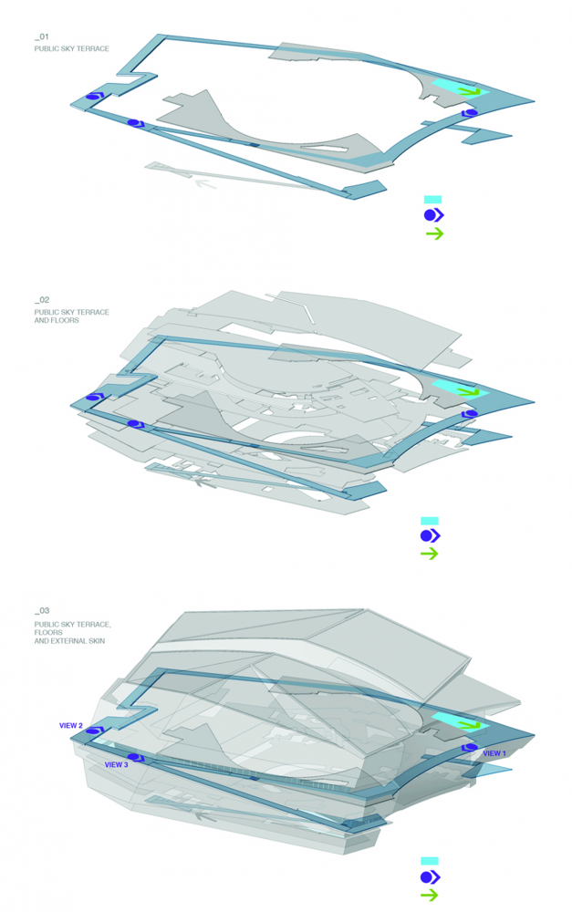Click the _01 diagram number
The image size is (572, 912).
coord(41,37)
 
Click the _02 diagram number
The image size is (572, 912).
coord(42,300)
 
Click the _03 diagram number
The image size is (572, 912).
coord(42,611)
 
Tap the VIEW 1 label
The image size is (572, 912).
coord(494,753)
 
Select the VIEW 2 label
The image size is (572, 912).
coord(71,726)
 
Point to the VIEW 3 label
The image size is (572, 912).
coord(117,765)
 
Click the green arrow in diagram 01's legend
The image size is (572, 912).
coord(434,233)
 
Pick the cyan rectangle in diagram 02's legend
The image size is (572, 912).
coord(430,521)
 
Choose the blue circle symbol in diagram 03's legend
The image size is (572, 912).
coord(431,877)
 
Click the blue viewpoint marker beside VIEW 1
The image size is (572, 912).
coord(470,748)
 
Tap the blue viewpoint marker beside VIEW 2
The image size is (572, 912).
coord(94,731)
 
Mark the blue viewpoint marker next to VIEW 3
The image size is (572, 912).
coord(136,758)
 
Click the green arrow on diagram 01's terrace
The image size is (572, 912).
coord(469,91)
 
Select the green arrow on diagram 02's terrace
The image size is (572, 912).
coord(469,391)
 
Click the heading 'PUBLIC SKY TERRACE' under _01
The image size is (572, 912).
coord(71,49)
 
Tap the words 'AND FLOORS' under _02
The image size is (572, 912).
coord(57,320)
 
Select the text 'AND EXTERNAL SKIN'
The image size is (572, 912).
coord(70,641)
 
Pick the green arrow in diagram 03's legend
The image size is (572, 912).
coord(430,896)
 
